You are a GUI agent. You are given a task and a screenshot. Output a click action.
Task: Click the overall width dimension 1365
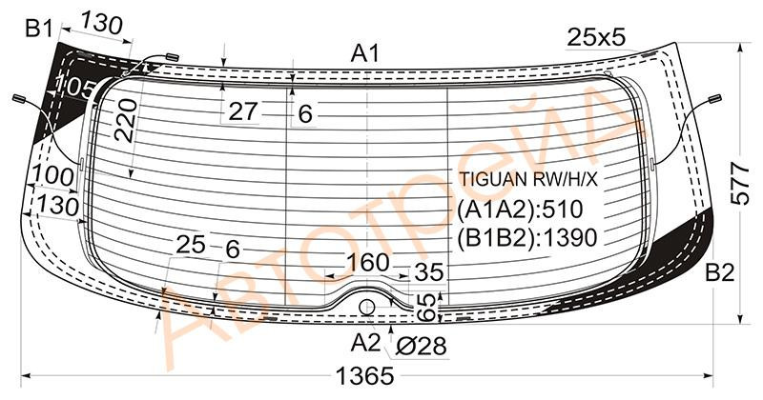364,375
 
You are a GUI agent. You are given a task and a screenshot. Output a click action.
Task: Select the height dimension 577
740,184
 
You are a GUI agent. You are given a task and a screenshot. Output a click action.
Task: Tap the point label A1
365,54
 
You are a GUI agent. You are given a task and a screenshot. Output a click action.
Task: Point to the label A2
365,343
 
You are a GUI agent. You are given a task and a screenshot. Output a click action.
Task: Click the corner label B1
39,30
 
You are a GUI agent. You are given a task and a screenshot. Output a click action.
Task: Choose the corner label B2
720,273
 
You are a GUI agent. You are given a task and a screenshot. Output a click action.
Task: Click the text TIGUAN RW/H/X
528,179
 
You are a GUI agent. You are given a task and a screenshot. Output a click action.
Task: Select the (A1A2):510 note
520,210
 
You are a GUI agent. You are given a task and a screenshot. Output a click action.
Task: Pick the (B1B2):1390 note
527,238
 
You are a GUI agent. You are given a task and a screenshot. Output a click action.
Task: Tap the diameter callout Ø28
421,347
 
